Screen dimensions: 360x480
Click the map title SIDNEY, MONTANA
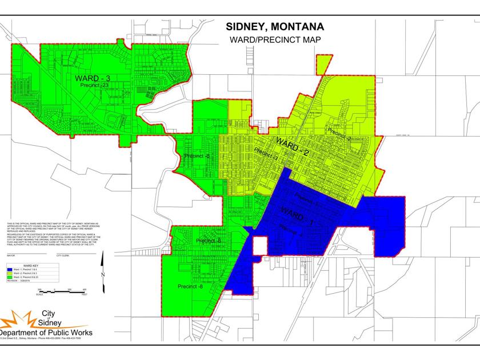point(275,27)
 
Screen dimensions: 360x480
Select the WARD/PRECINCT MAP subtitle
point(275,40)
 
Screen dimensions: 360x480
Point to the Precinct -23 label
point(95,85)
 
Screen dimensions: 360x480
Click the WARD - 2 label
point(292,147)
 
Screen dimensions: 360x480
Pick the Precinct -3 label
point(266,154)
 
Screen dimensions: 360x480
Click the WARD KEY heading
point(31,266)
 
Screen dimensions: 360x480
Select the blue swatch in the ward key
point(10,270)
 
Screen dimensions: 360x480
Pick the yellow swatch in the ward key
point(10,274)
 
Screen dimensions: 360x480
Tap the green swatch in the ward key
point(10,278)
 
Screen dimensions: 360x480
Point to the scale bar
point(61,291)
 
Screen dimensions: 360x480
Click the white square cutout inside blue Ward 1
point(260,246)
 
